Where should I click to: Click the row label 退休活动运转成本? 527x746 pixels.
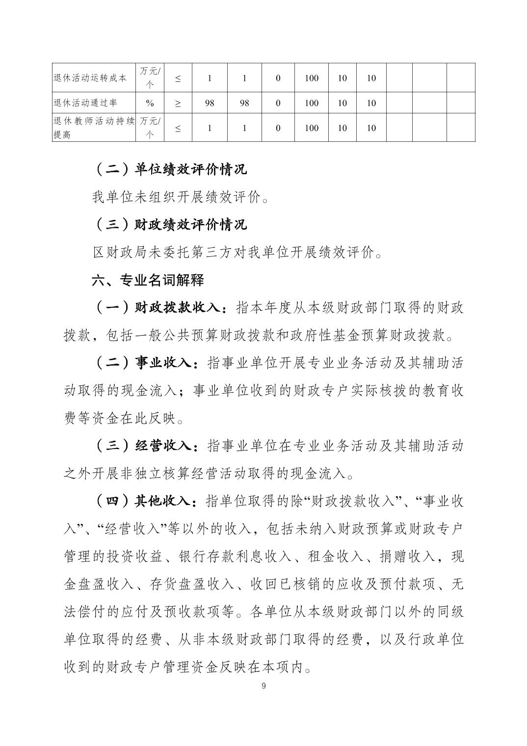(x=90, y=78)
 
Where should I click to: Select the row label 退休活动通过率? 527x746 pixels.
(x=86, y=103)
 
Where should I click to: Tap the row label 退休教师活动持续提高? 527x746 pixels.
(x=93, y=128)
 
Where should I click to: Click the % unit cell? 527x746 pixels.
(x=150, y=103)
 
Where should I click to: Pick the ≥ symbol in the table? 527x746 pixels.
(x=178, y=103)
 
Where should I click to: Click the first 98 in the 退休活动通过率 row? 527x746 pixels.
(x=210, y=103)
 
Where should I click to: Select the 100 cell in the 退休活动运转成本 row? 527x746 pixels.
(x=312, y=78)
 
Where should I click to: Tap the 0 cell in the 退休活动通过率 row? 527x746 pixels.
(x=278, y=103)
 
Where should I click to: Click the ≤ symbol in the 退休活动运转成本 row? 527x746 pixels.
(x=178, y=78)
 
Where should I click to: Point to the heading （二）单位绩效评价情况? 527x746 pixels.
(x=170, y=169)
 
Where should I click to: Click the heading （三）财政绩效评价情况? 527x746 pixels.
(x=170, y=225)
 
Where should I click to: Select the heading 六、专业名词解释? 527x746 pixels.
(x=148, y=280)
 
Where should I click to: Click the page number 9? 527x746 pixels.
(x=263, y=686)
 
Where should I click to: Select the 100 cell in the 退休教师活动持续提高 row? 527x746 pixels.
(x=312, y=128)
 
